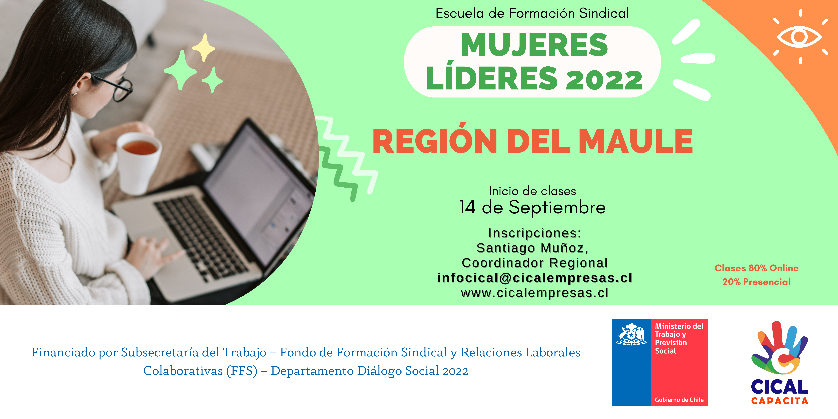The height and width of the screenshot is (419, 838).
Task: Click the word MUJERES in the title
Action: [534, 45]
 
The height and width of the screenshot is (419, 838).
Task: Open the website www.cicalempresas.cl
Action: [535, 293]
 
